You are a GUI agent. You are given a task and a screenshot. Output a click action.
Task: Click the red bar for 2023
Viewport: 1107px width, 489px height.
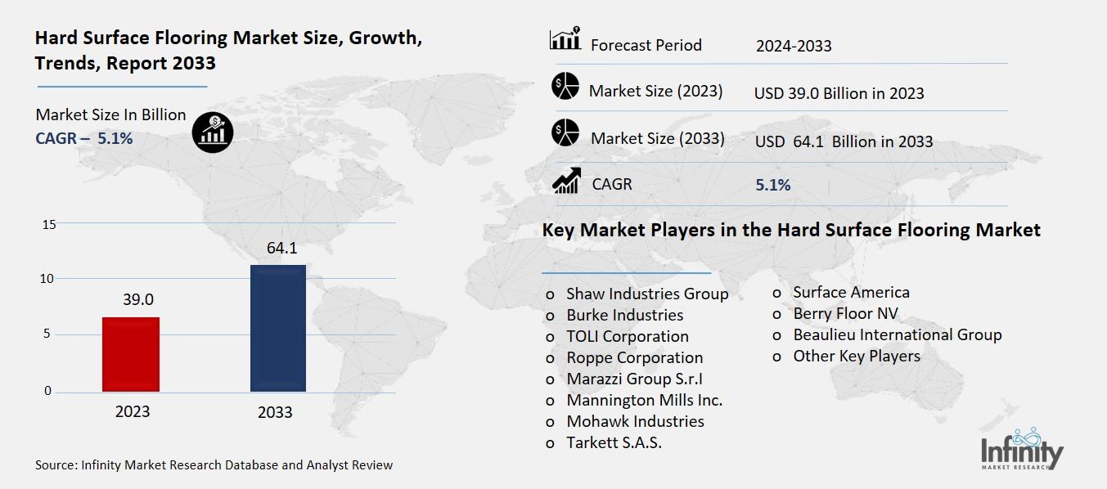coord(131,354)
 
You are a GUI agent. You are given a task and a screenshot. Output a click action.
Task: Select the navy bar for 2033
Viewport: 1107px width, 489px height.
coord(277,328)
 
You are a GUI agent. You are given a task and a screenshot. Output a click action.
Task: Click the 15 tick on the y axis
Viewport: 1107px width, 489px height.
coord(48,224)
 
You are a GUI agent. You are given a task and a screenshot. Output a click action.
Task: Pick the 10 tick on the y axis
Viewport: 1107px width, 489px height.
coord(48,279)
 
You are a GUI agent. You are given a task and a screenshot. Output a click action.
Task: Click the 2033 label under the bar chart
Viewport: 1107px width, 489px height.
coord(275,412)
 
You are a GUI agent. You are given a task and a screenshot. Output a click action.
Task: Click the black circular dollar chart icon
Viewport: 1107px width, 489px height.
coord(213,132)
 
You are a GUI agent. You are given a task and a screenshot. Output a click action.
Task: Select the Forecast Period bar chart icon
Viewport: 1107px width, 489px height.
coord(565,39)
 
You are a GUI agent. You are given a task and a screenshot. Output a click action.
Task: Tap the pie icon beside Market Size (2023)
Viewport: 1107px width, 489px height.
coord(565,87)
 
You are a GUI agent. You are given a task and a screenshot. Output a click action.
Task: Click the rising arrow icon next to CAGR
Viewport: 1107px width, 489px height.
coord(566,181)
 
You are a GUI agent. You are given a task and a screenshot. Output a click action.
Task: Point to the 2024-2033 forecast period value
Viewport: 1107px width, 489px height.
coord(793,46)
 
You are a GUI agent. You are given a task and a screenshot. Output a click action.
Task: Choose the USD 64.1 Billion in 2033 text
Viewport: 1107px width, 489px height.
coord(844,141)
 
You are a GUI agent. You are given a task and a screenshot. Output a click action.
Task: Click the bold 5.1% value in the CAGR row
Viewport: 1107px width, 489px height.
coord(772,186)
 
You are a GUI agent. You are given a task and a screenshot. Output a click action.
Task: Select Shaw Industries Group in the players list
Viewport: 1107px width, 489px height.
coord(646,294)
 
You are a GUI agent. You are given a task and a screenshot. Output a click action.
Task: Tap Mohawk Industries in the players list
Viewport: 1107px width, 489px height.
coord(635,421)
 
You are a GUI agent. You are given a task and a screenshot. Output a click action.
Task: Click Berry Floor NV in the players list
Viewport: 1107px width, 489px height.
coord(845,313)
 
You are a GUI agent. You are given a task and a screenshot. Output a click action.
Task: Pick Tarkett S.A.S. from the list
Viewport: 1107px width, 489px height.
coord(614,442)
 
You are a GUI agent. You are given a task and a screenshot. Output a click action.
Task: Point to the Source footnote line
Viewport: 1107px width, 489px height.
coord(214,464)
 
